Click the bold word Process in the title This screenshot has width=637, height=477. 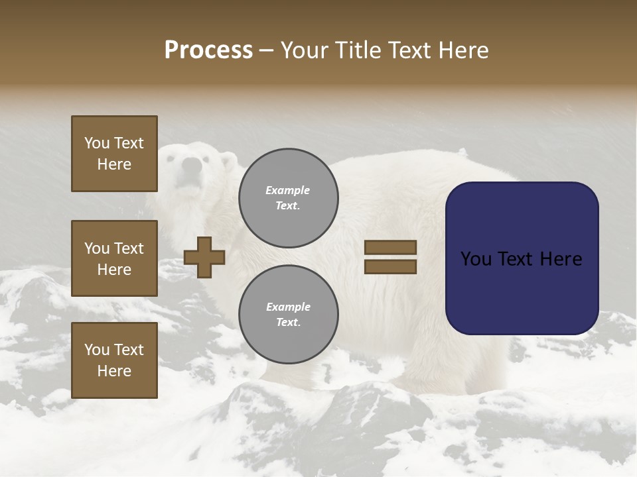[208, 50]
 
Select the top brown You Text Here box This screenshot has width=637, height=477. [114, 154]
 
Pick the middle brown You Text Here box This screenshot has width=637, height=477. [114, 258]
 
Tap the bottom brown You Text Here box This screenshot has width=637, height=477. [114, 360]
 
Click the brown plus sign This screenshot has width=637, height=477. [204, 257]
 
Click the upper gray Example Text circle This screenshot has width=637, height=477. [289, 198]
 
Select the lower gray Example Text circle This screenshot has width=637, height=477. [289, 315]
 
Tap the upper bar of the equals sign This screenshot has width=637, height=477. [390, 247]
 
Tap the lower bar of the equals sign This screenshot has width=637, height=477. [390, 266]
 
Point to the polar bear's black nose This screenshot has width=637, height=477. [192, 165]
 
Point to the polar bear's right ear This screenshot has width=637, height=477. [228, 160]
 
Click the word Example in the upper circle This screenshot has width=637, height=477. [288, 190]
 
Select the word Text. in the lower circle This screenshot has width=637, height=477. [289, 323]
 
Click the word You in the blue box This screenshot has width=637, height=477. [476, 259]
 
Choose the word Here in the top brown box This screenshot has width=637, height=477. [114, 164]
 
